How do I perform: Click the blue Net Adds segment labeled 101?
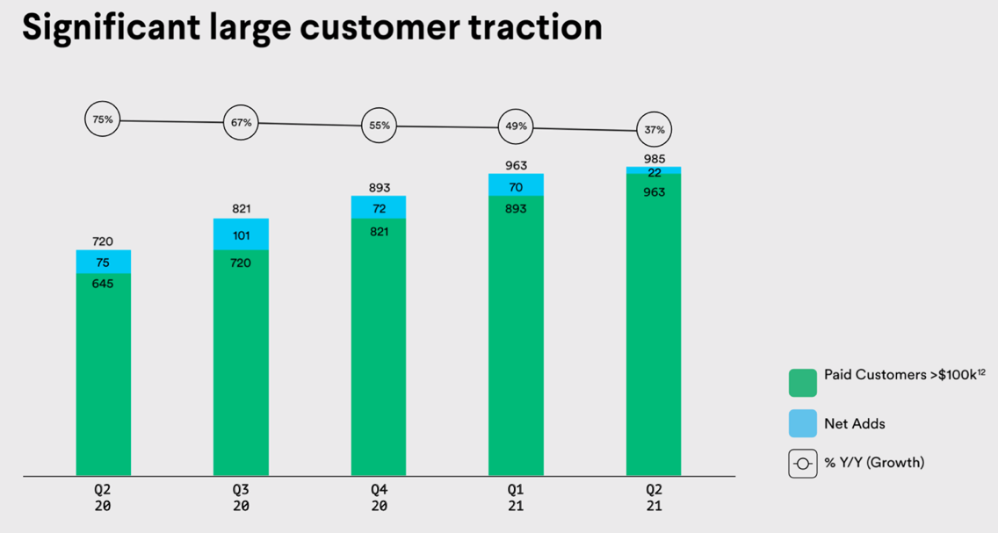pos(241,234)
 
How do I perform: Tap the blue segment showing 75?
pos(103,262)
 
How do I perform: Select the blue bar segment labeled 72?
pos(379,207)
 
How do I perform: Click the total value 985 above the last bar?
pos(654,159)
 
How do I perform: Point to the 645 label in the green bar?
pos(103,284)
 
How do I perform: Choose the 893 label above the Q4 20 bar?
pos(380,188)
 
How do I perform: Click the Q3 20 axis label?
pos(242,498)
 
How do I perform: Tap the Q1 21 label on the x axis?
pos(517,498)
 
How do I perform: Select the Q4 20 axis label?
pos(380,498)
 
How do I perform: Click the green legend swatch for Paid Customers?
pos(803,383)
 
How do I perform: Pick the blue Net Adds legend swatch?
pos(803,423)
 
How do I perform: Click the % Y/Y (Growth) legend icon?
pos(803,464)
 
